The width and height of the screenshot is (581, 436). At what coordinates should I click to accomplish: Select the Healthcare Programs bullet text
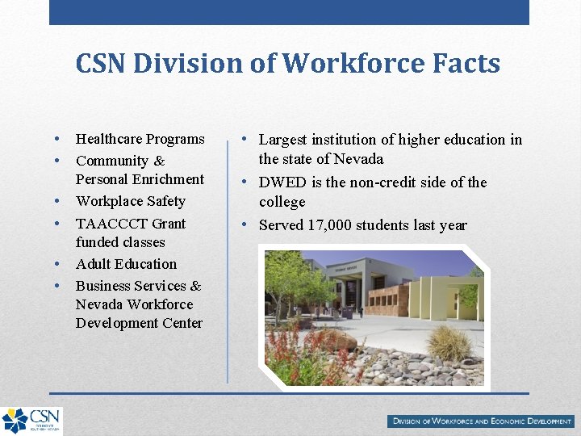pos(140,139)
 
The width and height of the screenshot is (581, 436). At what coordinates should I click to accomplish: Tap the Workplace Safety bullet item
pos(130,201)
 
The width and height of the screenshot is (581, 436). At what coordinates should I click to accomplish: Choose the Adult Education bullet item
pos(126,264)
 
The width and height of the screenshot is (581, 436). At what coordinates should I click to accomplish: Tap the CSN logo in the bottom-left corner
pos(31,420)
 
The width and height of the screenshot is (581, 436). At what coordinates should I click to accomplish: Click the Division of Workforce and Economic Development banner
pos(481,421)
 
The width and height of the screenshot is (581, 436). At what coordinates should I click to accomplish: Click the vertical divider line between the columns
pos(228,258)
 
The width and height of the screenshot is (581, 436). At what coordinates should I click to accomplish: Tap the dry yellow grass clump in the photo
pos(450,342)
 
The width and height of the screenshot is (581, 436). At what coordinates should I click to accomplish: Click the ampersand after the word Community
pos(158,161)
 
